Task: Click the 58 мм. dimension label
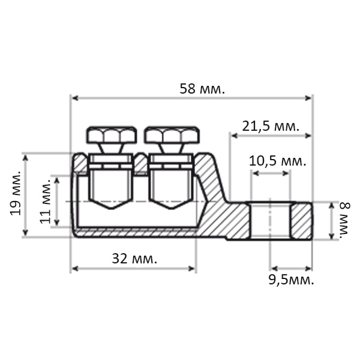point(202,89)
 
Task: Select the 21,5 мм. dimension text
point(271,127)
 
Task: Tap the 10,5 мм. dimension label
point(278,161)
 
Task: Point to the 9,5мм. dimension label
point(291,280)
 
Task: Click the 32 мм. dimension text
point(134,259)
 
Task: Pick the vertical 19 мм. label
point(16,193)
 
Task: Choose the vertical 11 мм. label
point(45,201)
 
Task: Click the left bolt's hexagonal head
point(112,135)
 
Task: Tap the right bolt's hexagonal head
point(172,135)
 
